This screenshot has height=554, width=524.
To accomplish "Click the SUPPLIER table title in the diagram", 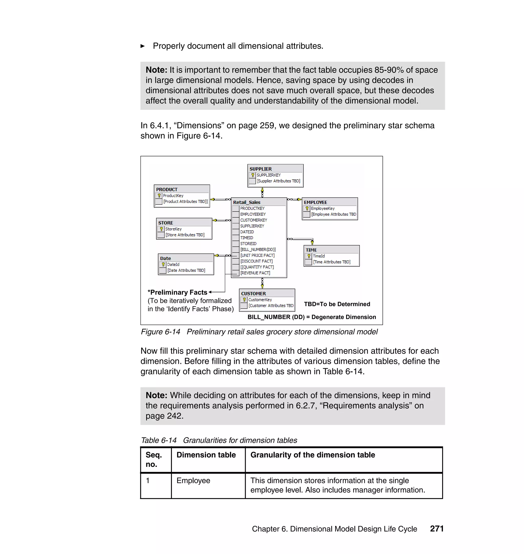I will pyautogui.click(x=260, y=169).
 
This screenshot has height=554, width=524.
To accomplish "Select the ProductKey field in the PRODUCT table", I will pyautogui.click(x=173, y=195).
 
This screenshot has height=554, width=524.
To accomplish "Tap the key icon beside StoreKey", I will pyautogui.click(x=161, y=229).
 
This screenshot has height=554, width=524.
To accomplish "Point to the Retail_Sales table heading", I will pyautogui.click(x=247, y=202).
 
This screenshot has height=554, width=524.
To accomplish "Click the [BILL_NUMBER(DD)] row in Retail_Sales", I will pyautogui.click(x=258, y=249).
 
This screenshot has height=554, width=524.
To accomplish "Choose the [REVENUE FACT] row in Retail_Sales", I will pyautogui.click(x=255, y=273).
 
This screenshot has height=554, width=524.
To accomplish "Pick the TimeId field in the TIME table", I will pyautogui.click(x=319, y=256).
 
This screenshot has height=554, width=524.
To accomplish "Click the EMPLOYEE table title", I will pyautogui.click(x=315, y=202).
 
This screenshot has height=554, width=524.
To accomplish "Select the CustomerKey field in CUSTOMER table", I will pyautogui.click(x=260, y=299).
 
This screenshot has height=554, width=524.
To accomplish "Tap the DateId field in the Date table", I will pyautogui.click(x=173, y=264).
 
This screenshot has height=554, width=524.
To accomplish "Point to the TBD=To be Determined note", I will pyautogui.click(x=337, y=304).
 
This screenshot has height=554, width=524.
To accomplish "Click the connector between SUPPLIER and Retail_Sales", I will pyautogui.click(x=262, y=192).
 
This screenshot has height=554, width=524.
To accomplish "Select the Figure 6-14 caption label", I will pyautogui.click(x=160, y=332).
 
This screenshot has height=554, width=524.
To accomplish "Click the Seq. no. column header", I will pyautogui.click(x=154, y=459).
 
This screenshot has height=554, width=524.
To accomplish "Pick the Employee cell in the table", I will pyautogui.click(x=193, y=480).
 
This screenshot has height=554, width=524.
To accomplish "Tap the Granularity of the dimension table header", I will pyautogui.click(x=312, y=455).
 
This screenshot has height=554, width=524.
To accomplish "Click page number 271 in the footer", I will pyautogui.click(x=436, y=529).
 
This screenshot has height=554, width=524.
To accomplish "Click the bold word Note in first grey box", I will pyautogui.click(x=156, y=70).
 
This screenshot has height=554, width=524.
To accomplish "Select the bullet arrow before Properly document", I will pyautogui.click(x=143, y=46).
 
